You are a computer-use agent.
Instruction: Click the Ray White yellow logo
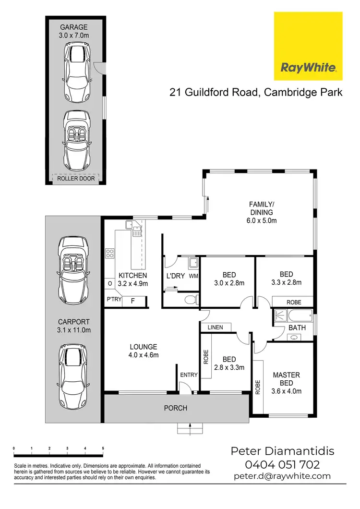308,47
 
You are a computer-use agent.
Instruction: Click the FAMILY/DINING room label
261,212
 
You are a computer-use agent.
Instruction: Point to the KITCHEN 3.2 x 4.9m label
133,279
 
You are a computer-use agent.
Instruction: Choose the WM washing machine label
193,276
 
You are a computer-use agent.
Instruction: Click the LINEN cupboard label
215,327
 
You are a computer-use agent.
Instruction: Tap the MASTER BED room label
287,383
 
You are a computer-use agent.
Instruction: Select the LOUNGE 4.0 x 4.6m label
144,351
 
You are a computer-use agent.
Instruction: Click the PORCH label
175,408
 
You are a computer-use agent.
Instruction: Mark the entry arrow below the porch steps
191,426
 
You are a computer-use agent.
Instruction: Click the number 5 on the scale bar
103,448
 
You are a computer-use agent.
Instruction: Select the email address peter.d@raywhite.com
282,476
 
